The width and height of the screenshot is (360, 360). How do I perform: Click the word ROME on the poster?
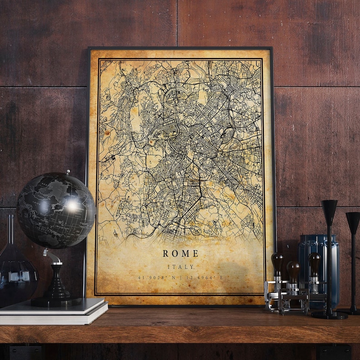point(180,253)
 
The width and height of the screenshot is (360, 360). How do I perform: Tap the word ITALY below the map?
point(180,267)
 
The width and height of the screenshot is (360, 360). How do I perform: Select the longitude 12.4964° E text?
point(204,277)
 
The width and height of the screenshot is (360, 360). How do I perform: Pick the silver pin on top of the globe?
point(68,172)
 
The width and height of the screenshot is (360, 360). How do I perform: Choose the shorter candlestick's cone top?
point(353,222)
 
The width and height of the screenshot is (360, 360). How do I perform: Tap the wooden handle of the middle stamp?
point(293,270)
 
